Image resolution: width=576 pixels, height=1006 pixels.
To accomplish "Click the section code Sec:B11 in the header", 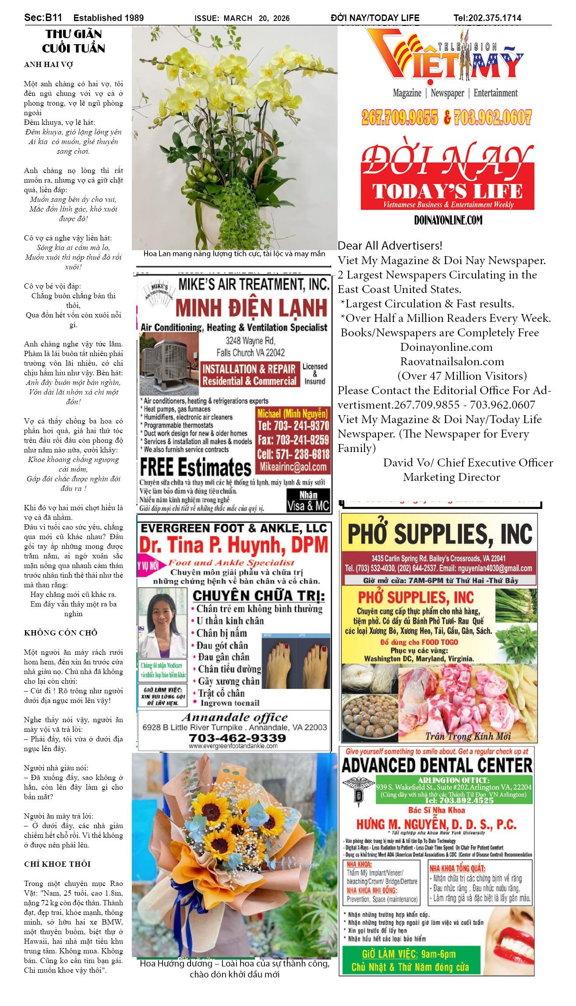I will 43,18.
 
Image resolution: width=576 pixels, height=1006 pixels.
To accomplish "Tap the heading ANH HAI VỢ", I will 48,64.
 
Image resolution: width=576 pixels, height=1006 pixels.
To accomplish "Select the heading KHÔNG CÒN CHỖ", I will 60,632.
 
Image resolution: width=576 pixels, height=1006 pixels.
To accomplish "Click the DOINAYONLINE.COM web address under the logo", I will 448,220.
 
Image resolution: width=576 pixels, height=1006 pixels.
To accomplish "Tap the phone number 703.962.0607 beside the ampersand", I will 493,117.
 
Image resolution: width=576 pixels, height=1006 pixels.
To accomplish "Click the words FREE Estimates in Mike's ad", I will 195,467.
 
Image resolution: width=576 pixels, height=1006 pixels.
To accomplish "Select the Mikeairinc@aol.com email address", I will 293,467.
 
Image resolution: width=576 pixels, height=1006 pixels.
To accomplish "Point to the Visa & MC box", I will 308,501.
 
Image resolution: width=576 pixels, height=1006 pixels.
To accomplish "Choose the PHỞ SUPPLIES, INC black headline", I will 439,534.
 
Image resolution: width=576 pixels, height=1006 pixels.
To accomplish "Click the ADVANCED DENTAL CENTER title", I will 437,765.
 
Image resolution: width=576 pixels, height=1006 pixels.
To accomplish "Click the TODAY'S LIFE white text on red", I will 447,191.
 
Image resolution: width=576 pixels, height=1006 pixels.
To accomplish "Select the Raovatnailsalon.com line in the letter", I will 452,361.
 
